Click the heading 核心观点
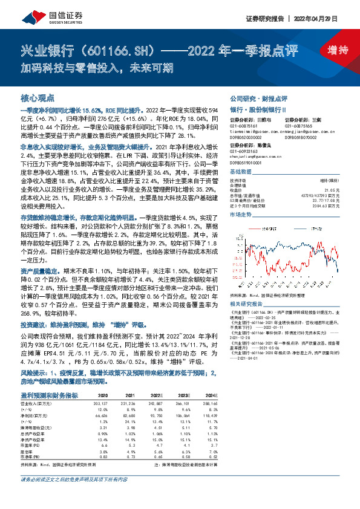[x=38, y=97]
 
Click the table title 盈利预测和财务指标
[x=48, y=394]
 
